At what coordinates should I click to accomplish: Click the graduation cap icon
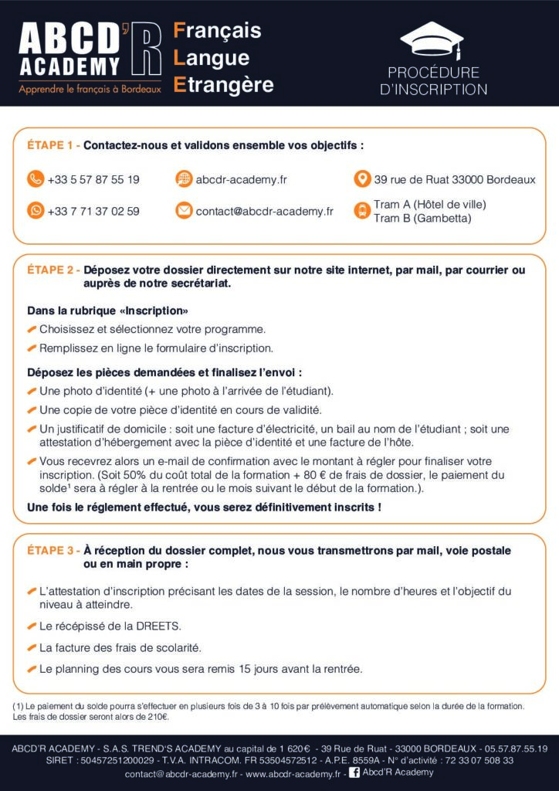point(433,39)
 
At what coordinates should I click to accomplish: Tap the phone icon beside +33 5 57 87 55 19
point(36,179)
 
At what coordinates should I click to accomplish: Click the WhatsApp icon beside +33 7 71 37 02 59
point(36,210)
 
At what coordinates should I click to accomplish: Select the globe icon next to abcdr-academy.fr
point(184,179)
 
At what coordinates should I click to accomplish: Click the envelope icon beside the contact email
point(184,210)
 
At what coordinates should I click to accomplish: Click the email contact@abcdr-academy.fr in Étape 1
point(264,211)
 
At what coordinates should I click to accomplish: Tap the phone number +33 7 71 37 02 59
point(93,211)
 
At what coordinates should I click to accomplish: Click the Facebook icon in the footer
point(355,772)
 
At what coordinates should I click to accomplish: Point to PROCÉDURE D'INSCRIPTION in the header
point(433,81)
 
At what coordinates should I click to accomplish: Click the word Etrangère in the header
point(224,84)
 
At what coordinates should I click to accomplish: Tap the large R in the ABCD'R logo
point(147,49)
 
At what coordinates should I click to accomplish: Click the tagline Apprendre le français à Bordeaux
point(90,89)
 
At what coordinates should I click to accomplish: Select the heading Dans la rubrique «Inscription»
point(108,311)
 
